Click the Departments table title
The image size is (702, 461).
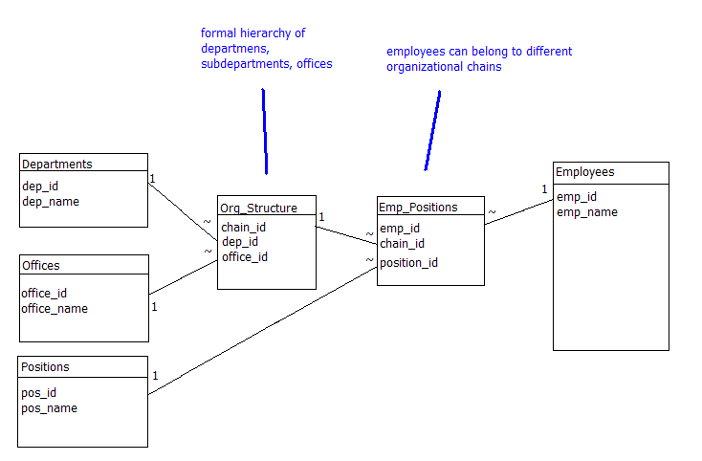(x=57, y=164)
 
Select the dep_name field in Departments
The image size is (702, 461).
(x=51, y=202)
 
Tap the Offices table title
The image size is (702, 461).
(x=41, y=265)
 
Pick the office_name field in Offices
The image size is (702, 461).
(x=55, y=309)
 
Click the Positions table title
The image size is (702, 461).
(x=46, y=366)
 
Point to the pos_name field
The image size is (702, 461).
(x=50, y=408)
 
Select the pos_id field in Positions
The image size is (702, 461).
(x=39, y=393)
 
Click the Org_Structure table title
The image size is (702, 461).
(x=258, y=208)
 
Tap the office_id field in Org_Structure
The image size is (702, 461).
(x=245, y=257)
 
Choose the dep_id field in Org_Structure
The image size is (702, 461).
(x=240, y=242)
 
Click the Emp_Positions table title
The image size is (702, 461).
(x=418, y=207)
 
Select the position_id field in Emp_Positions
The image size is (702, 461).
(x=408, y=262)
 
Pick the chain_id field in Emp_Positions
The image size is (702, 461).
(x=402, y=244)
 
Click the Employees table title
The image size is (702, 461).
(x=584, y=172)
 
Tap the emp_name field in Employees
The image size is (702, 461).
(x=587, y=212)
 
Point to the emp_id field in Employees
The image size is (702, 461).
(x=577, y=197)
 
